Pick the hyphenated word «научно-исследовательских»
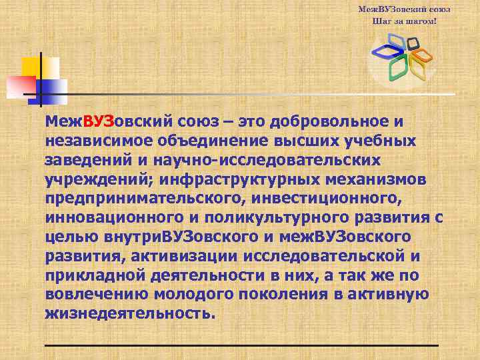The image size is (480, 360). [266, 161]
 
